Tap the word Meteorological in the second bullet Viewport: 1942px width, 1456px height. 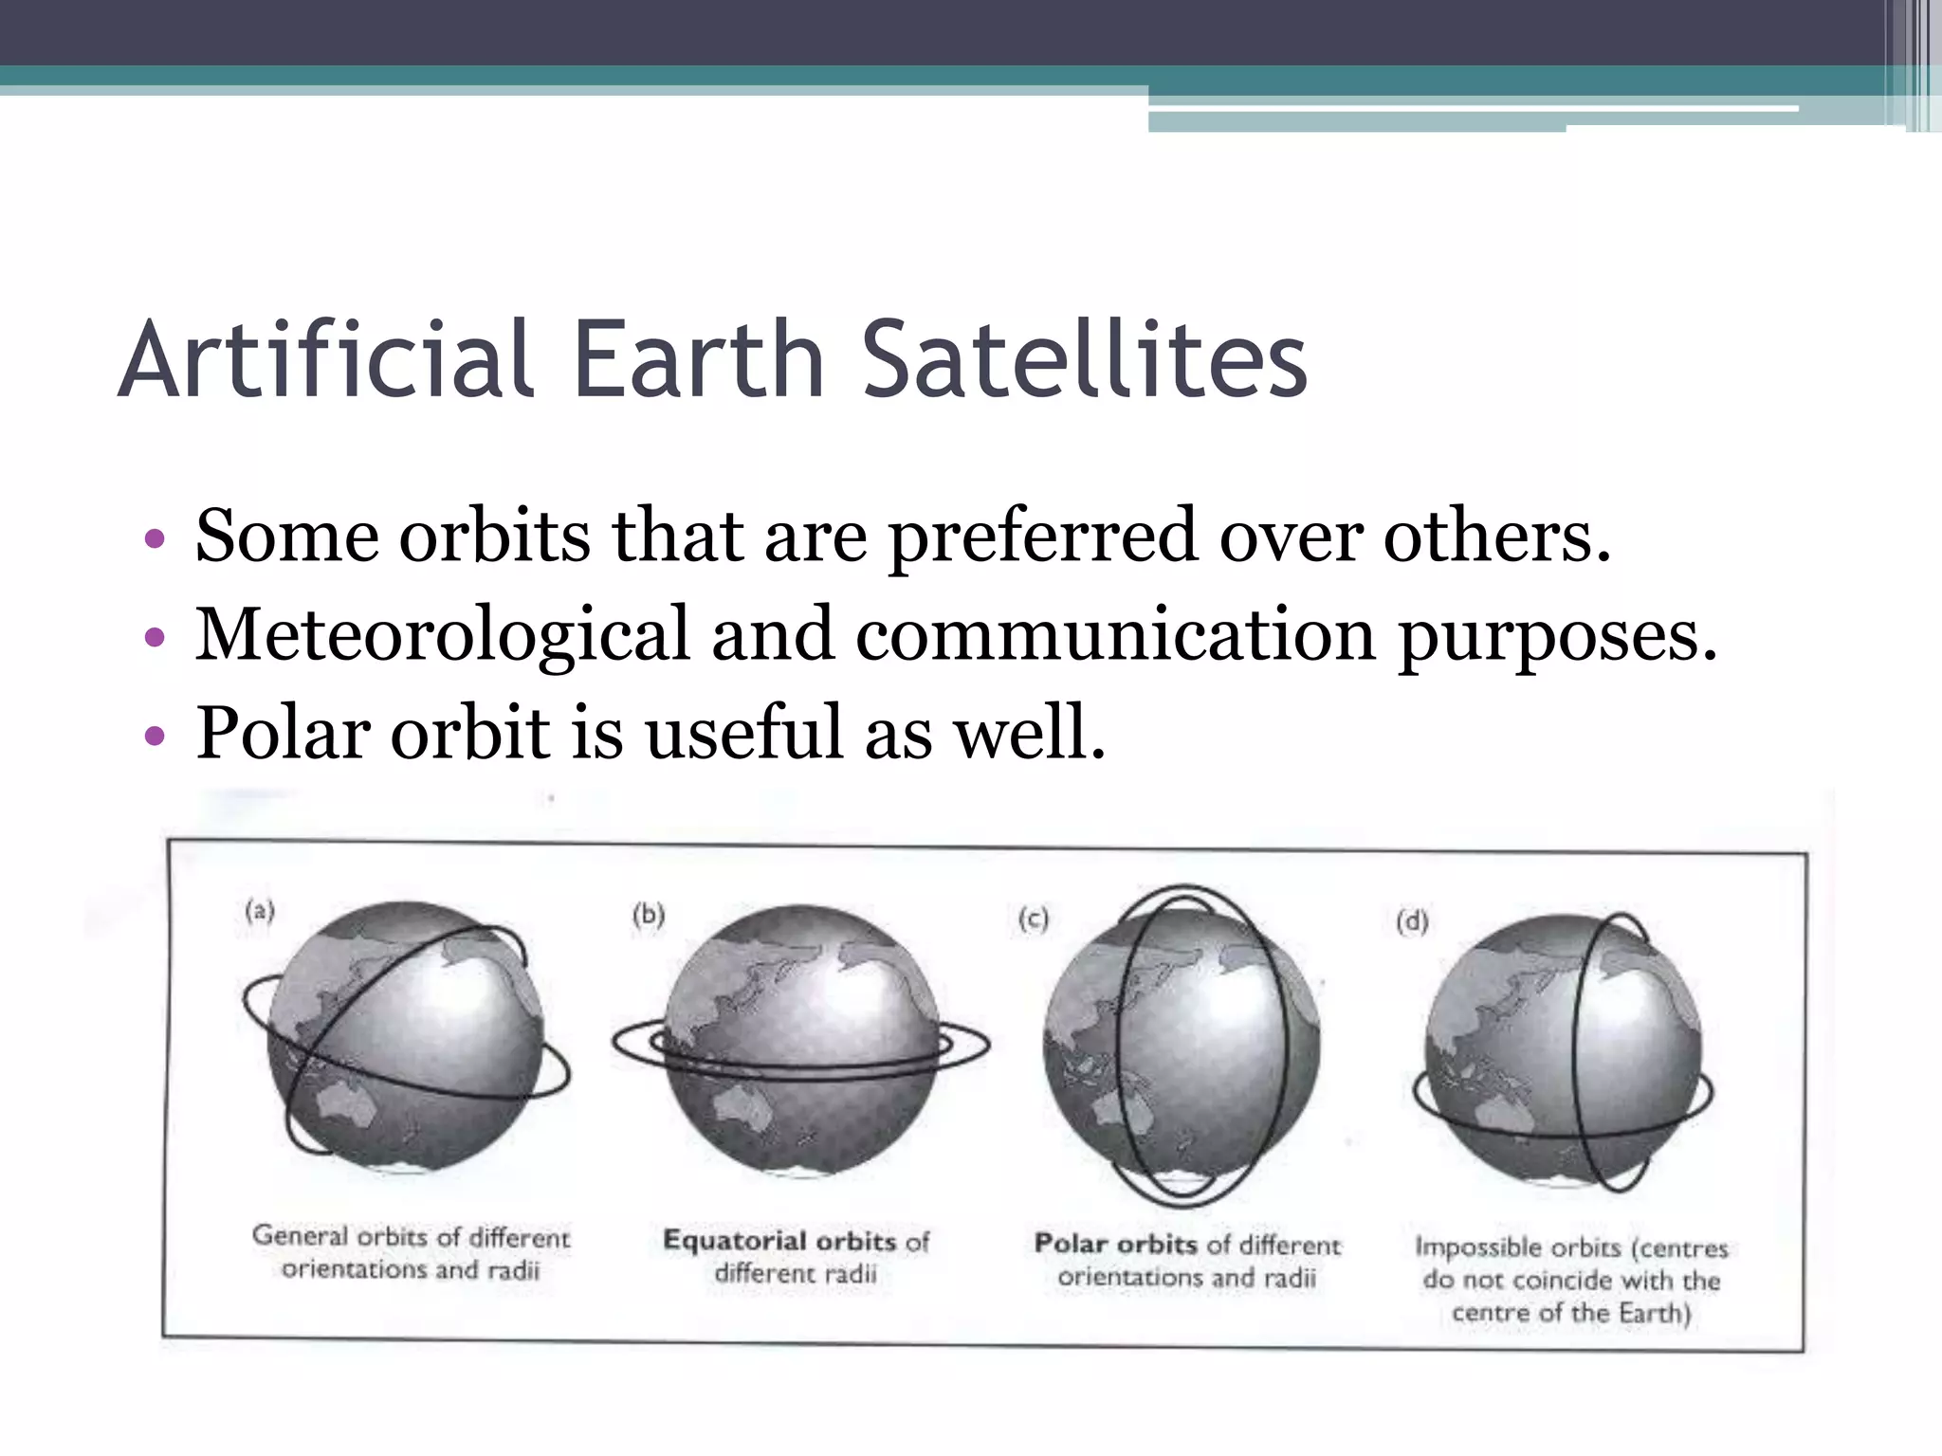442,635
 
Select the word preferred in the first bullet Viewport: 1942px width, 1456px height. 1043,537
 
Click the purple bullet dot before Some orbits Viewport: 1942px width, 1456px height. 155,540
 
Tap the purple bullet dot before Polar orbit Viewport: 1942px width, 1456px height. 155,737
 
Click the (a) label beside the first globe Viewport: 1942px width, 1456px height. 260,912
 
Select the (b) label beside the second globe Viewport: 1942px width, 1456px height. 649,915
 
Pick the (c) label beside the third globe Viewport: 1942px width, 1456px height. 1034,919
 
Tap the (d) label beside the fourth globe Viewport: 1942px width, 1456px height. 1412,921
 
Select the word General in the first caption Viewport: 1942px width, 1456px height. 300,1235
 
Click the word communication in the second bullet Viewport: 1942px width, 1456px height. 1115,635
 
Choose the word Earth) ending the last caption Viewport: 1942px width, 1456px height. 1655,1313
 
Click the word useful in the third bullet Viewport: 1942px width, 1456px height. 742,733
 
